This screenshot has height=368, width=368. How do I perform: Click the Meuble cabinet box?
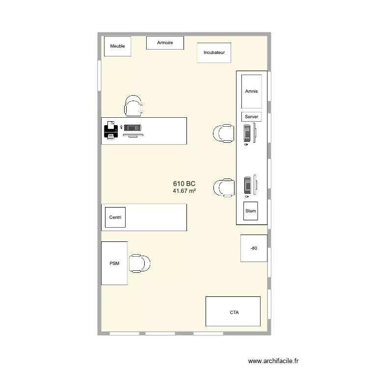[x=118, y=46]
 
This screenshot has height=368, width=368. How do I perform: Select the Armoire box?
[x=165, y=43]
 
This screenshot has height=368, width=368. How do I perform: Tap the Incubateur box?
[x=214, y=52]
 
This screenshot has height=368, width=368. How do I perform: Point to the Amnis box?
[x=251, y=91]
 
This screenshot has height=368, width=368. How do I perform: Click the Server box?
[x=251, y=117]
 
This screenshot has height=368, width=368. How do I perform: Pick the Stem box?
[x=251, y=211]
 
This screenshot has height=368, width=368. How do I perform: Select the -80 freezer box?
[x=254, y=248]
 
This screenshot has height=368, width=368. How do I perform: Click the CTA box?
[x=233, y=312]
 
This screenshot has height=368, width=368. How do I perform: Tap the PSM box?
[x=114, y=263]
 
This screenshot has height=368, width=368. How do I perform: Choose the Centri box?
[x=115, y=217]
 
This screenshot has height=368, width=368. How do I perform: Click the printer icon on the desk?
[x=110, y=131]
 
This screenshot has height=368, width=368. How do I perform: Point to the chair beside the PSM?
[x=139, y=263]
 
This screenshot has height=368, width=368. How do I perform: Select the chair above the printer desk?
[x=133, y=106]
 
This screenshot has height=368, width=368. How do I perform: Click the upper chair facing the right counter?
[x=224, y=133]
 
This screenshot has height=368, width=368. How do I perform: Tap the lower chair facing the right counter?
[x=224, y=187]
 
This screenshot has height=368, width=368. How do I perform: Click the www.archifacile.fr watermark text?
[x=273, y=361]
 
